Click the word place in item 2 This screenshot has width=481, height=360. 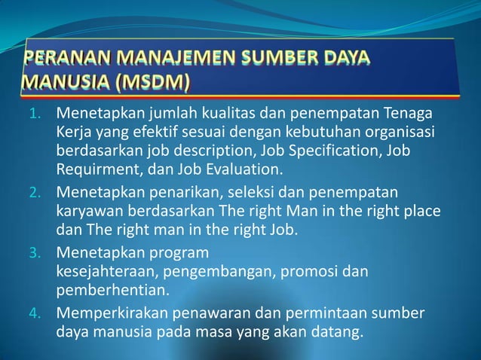pos(421,209)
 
